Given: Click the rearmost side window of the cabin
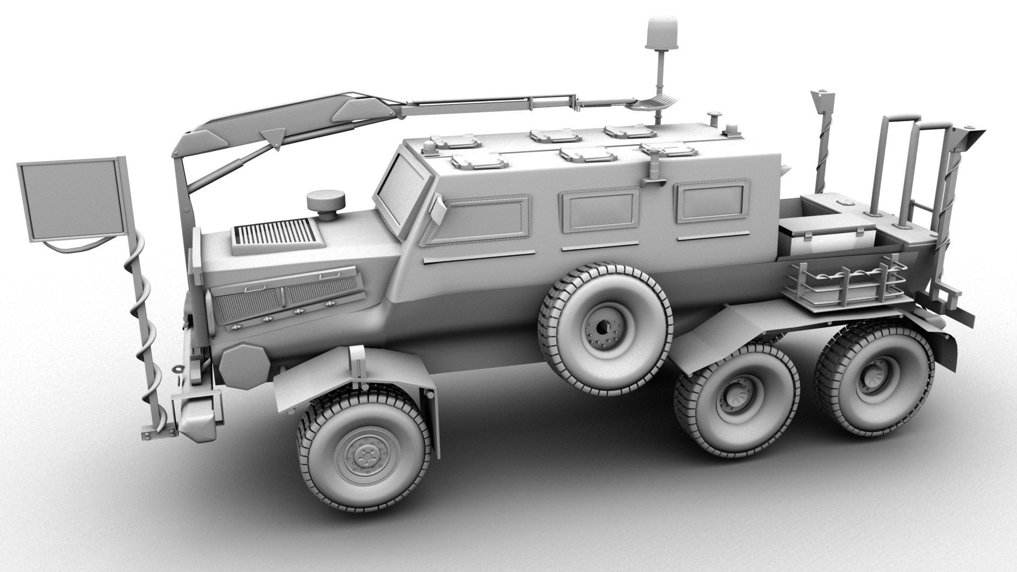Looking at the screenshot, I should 715,201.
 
